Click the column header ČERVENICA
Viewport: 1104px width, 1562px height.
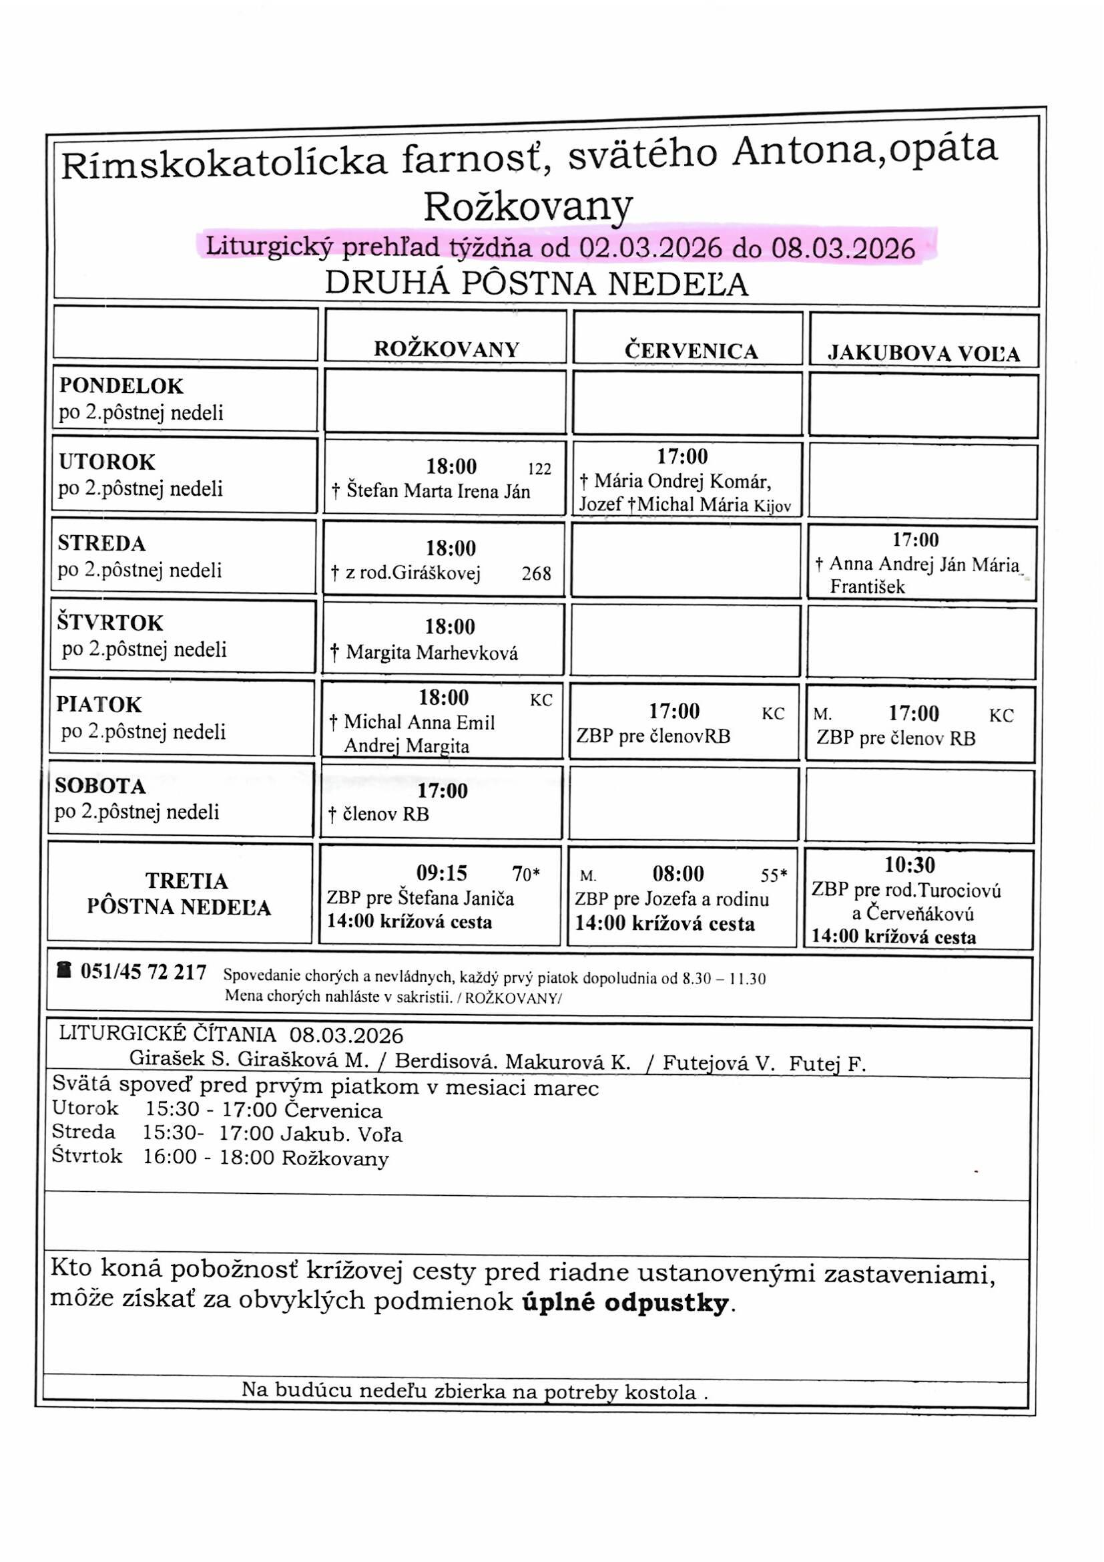pyautogui.click(x=691, y=351)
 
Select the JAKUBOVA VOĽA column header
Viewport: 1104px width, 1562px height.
pyautogui.click(x=924, y=354)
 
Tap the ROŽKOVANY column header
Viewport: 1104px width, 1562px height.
pyautogui.click(x=447, y=349)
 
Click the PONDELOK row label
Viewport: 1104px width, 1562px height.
pyautogui.click(x=121, y=385)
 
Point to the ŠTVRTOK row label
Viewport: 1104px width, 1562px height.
pyautogui.click(x=110, y=623)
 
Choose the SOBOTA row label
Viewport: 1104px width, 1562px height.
pyautogui.click(x=101, y=786)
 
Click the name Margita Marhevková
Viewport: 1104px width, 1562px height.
pyautogui.click(x=432, y=653)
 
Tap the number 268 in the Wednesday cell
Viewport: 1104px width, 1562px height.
pyautogui.click(x=537, y=574)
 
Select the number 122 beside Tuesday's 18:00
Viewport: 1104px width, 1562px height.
pyautogui.click(x=539, y=469)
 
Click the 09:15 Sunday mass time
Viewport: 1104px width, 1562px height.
pyautogui.click(x=442, y=873)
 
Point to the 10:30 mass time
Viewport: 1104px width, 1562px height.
pyautogui.click(x=910, y=865)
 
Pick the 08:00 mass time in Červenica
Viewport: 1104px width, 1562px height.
pyautogui.click(x=677, y=873)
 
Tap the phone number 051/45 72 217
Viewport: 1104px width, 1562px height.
pyautogui.click(x=144, y=972)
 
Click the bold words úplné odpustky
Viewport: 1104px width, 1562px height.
pyautogui.click(x=625, y=1303)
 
